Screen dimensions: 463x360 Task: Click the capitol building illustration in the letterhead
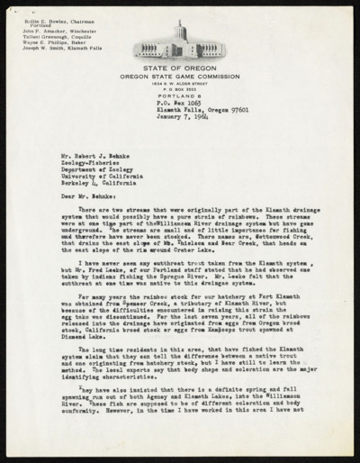tap(179, 45)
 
